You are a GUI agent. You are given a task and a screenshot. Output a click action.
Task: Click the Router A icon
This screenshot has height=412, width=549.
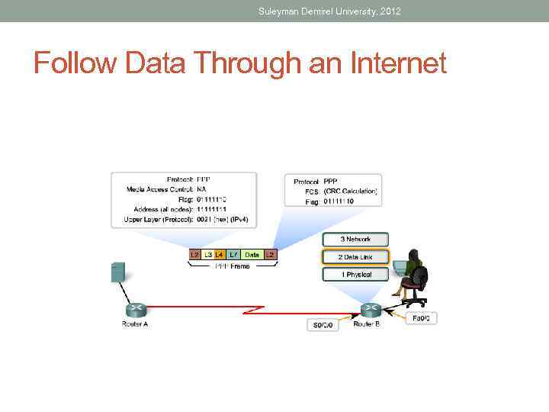coord(135,309)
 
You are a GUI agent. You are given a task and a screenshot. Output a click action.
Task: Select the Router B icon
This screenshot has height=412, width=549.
coord(371,310)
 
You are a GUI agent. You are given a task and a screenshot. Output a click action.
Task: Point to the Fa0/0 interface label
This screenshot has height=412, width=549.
coord(424,318)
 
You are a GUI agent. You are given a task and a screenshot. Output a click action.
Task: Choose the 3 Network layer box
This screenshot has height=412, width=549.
coord(355,240)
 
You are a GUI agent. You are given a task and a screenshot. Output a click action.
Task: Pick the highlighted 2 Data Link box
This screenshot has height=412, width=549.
coord(355,257)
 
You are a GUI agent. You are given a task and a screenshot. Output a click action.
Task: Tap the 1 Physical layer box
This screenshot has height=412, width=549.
coord(355,274)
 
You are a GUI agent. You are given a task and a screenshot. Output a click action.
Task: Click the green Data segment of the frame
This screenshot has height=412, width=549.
coord(252,254)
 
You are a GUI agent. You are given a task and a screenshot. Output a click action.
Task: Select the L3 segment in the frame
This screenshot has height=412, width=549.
coord(207,254)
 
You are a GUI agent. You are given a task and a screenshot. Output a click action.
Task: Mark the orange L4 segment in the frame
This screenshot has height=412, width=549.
coord(220,254)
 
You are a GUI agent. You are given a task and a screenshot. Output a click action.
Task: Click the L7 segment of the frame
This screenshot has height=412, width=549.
coord(233,254)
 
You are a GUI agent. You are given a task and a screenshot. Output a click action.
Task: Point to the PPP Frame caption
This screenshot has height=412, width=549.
coord(232,266)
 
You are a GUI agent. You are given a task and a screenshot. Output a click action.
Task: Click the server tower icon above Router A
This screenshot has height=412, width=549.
coord(117,272)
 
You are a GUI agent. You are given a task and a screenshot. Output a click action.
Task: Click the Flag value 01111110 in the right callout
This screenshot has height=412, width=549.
coord(339,201)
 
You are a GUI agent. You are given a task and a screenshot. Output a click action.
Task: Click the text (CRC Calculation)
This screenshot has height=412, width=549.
coord(351,191)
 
